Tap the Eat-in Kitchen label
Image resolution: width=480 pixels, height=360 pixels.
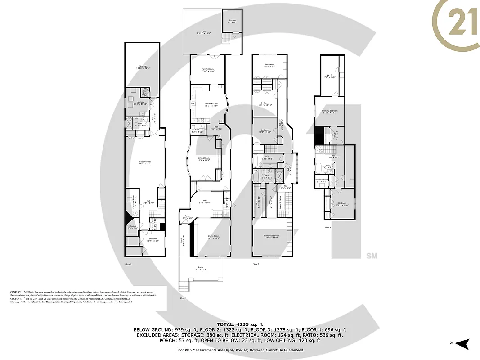tap(211, 104)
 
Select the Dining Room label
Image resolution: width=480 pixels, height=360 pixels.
tap(204, 159)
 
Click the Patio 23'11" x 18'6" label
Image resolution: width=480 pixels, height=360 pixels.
tap(204, 32)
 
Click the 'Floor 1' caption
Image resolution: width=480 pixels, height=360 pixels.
tap(128, 264)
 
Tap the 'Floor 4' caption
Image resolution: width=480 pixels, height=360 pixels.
tap(328, 227)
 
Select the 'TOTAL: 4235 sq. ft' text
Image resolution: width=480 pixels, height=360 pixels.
tap(240, 324)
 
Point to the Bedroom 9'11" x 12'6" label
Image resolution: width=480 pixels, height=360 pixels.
tap(343, 204)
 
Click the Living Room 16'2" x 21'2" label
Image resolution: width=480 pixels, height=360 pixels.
tap(144, 162)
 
